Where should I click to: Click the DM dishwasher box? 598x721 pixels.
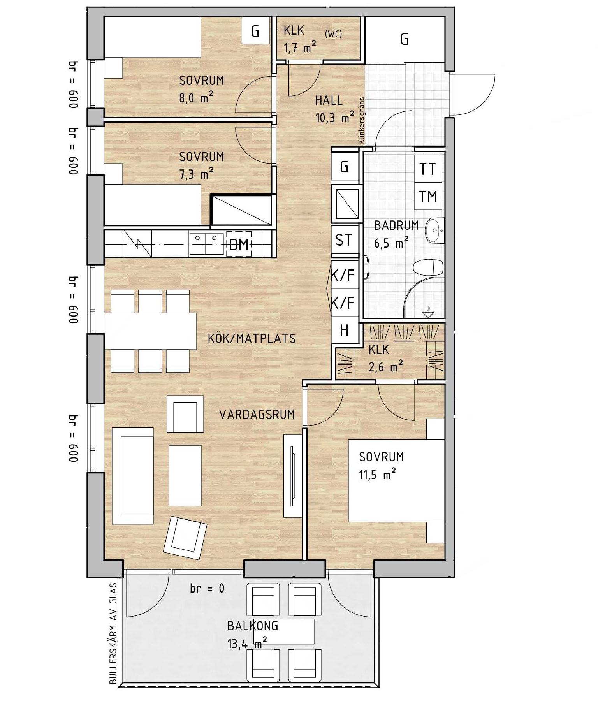pos(239,244)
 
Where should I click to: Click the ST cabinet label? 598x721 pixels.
pos(343,240)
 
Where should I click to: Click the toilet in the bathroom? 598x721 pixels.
pos(428,268)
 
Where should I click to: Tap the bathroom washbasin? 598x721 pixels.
pos(435,230)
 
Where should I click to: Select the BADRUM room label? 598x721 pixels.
pos(396,225)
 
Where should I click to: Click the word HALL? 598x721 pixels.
pos(329,100)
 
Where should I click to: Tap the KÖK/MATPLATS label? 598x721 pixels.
pos(252,338)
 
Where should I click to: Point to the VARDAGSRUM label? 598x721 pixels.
pos(257,414)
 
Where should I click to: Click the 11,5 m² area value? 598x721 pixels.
pos(378,475)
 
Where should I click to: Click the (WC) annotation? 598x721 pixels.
pos(333,34)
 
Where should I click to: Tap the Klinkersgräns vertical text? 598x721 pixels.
pos(361,120)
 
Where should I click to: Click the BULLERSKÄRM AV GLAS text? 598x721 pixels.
pos(113,633)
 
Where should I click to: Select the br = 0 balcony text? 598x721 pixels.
pos(207,588)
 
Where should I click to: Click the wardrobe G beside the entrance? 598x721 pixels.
pos(405,39)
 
